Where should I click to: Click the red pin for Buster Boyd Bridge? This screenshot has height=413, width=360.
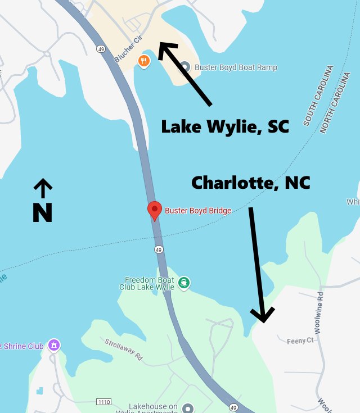point(155,210)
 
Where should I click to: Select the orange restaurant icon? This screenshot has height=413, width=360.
point(144,61)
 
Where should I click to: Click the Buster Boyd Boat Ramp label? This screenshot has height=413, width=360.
point(236,67)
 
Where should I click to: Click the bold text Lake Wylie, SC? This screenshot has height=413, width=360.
point(225,127)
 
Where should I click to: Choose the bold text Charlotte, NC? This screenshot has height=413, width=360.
point(251,183)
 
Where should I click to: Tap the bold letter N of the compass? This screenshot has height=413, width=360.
point(42,212)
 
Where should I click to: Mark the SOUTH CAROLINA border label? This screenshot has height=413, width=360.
point(318,95)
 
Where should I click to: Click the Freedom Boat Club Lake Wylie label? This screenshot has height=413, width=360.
point(149,283)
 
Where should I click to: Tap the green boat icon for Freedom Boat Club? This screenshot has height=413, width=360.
point(184,283)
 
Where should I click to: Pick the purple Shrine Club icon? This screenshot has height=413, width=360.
point(54,344)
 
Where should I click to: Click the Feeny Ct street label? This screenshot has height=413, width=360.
point(300,341)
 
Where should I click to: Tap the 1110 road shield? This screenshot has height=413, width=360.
point(103,402)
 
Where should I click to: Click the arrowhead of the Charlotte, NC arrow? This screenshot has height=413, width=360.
point(262,317)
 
